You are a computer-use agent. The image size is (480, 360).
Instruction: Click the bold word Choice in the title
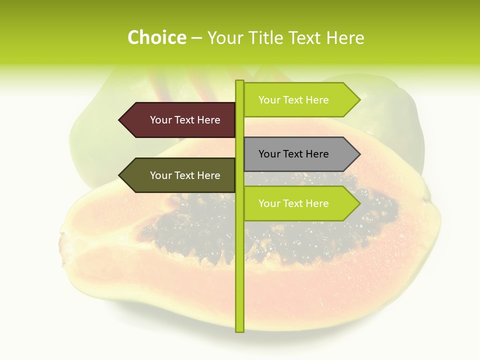click(x=156, y=37)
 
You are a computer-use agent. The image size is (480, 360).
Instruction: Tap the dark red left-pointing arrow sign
click(x=180, y=120)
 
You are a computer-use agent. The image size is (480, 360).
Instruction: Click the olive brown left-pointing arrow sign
click(x=180, y=175)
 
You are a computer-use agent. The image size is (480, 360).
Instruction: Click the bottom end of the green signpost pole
click(x=239, y=330)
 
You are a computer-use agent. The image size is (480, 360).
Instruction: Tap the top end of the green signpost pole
click(x=239, y=81)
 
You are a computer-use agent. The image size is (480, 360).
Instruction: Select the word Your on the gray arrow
click(x=269, y=154)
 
